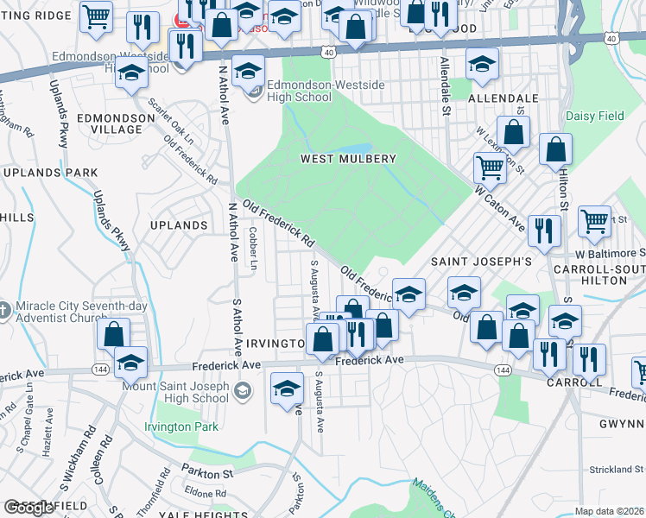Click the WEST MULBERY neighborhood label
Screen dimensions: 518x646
pyautogui.click(x=348, y=159)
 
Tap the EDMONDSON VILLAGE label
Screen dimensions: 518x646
pyautogui.click(x=109, y=123)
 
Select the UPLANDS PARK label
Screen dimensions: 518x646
pyautogui.click(x=50, y=173)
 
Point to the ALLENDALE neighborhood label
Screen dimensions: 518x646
pyautogui.click(x=503, y=99)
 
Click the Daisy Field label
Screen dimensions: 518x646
pyautogui.click(x=595, y=115)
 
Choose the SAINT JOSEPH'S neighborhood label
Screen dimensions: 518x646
pyautogui.click(x=482, y=262)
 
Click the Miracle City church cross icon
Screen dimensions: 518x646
pyautogui.click(x=4, y=309)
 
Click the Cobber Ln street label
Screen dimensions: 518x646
pyautogui.click(x=252, y=249)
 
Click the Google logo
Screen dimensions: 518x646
pyautogui.click(x=28, y=508)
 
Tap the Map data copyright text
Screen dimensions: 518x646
pyautogui.click(x=610, y=511)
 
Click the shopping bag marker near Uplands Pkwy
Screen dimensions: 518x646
pyautogui.click(x=113, y=333)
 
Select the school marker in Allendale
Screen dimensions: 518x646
pyautogui.click(x=482, y=63)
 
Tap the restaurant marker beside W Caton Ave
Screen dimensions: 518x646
pyautogui.click(x=544, y=230)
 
